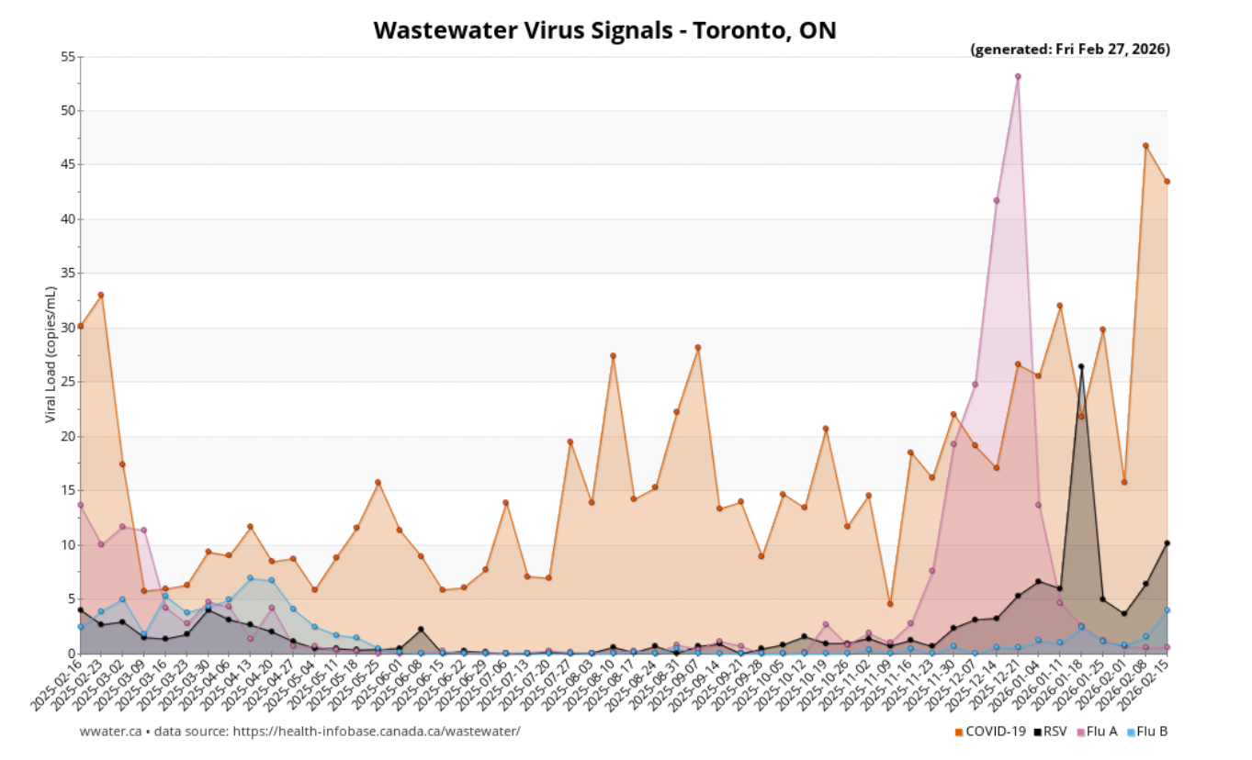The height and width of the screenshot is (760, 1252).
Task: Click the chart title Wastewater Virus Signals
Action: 604,29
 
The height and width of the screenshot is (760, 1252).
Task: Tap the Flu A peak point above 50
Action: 1018,76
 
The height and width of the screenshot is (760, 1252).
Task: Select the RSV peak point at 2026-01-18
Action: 1081,366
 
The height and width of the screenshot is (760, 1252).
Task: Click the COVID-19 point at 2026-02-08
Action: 1145,145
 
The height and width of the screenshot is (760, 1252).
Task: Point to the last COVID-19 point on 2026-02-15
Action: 1167,181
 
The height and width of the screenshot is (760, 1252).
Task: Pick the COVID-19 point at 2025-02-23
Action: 101,295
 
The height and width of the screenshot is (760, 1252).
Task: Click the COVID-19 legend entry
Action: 990,732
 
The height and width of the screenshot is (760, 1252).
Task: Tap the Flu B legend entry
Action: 1147,732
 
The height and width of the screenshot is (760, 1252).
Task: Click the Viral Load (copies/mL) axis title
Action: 51,354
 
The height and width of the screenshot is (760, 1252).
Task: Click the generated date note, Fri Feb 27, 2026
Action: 1070,50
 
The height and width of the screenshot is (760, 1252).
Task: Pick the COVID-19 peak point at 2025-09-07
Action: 697,347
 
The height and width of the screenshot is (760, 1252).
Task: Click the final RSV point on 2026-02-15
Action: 1167,543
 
